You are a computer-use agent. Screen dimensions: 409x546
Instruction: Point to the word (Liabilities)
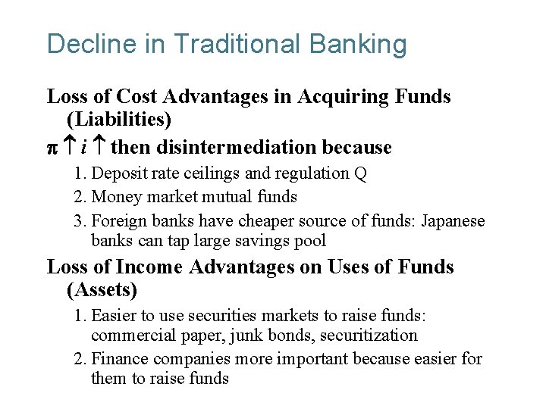coord(119,120)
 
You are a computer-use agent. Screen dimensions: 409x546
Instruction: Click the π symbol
coord(52,148)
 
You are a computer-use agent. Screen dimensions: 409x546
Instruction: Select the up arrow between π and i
coord(67,147)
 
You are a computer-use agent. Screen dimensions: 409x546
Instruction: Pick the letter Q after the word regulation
coord(361,173)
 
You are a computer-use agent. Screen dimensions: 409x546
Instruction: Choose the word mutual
coord(229,197)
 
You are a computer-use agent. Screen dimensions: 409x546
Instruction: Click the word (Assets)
coord(102,290)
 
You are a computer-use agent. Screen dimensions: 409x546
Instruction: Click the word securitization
coord(369,336)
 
